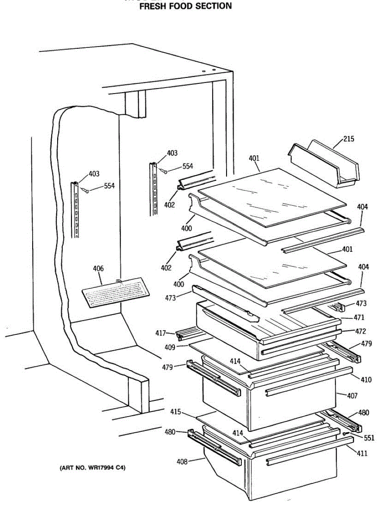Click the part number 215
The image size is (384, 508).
(x=349, y=139)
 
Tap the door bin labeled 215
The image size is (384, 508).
(x=324, y=166)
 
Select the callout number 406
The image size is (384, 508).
(x=98, y=268)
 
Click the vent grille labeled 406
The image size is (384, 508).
(x=116, y=293)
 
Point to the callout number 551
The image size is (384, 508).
(x=369, y=438)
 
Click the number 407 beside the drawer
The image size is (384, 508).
(x=352, y=396)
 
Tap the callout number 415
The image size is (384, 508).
(x=176, y=411)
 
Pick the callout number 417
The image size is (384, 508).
(x=160, y=333)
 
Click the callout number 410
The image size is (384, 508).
(x=366, y=380)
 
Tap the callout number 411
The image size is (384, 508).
(x=362, y=454)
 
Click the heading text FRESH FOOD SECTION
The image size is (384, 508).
(x=185, y=6)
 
